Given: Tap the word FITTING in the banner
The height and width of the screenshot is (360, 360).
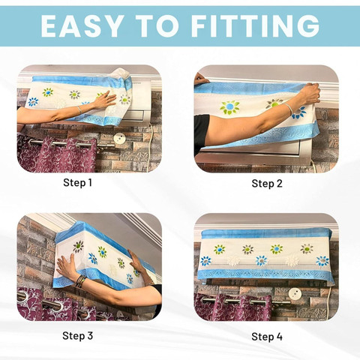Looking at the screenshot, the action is coord(256,26).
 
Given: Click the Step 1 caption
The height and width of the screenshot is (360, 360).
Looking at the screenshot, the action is coord(77,182).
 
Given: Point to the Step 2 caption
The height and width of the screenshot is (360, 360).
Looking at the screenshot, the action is coord(267,184).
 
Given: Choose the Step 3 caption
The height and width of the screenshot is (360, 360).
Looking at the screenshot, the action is coord(77,335).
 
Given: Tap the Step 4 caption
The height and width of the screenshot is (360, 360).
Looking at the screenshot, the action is coord(267,337).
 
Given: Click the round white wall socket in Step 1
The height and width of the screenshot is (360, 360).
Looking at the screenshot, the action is coord(119,139).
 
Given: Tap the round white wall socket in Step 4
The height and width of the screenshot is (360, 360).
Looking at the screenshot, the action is coord(295,294).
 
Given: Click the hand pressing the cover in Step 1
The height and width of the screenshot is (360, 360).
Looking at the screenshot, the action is coord(105,100).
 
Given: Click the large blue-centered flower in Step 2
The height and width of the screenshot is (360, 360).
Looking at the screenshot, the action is coord(229,107).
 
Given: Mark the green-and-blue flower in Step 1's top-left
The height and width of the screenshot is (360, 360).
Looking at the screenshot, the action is coord(47,92).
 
